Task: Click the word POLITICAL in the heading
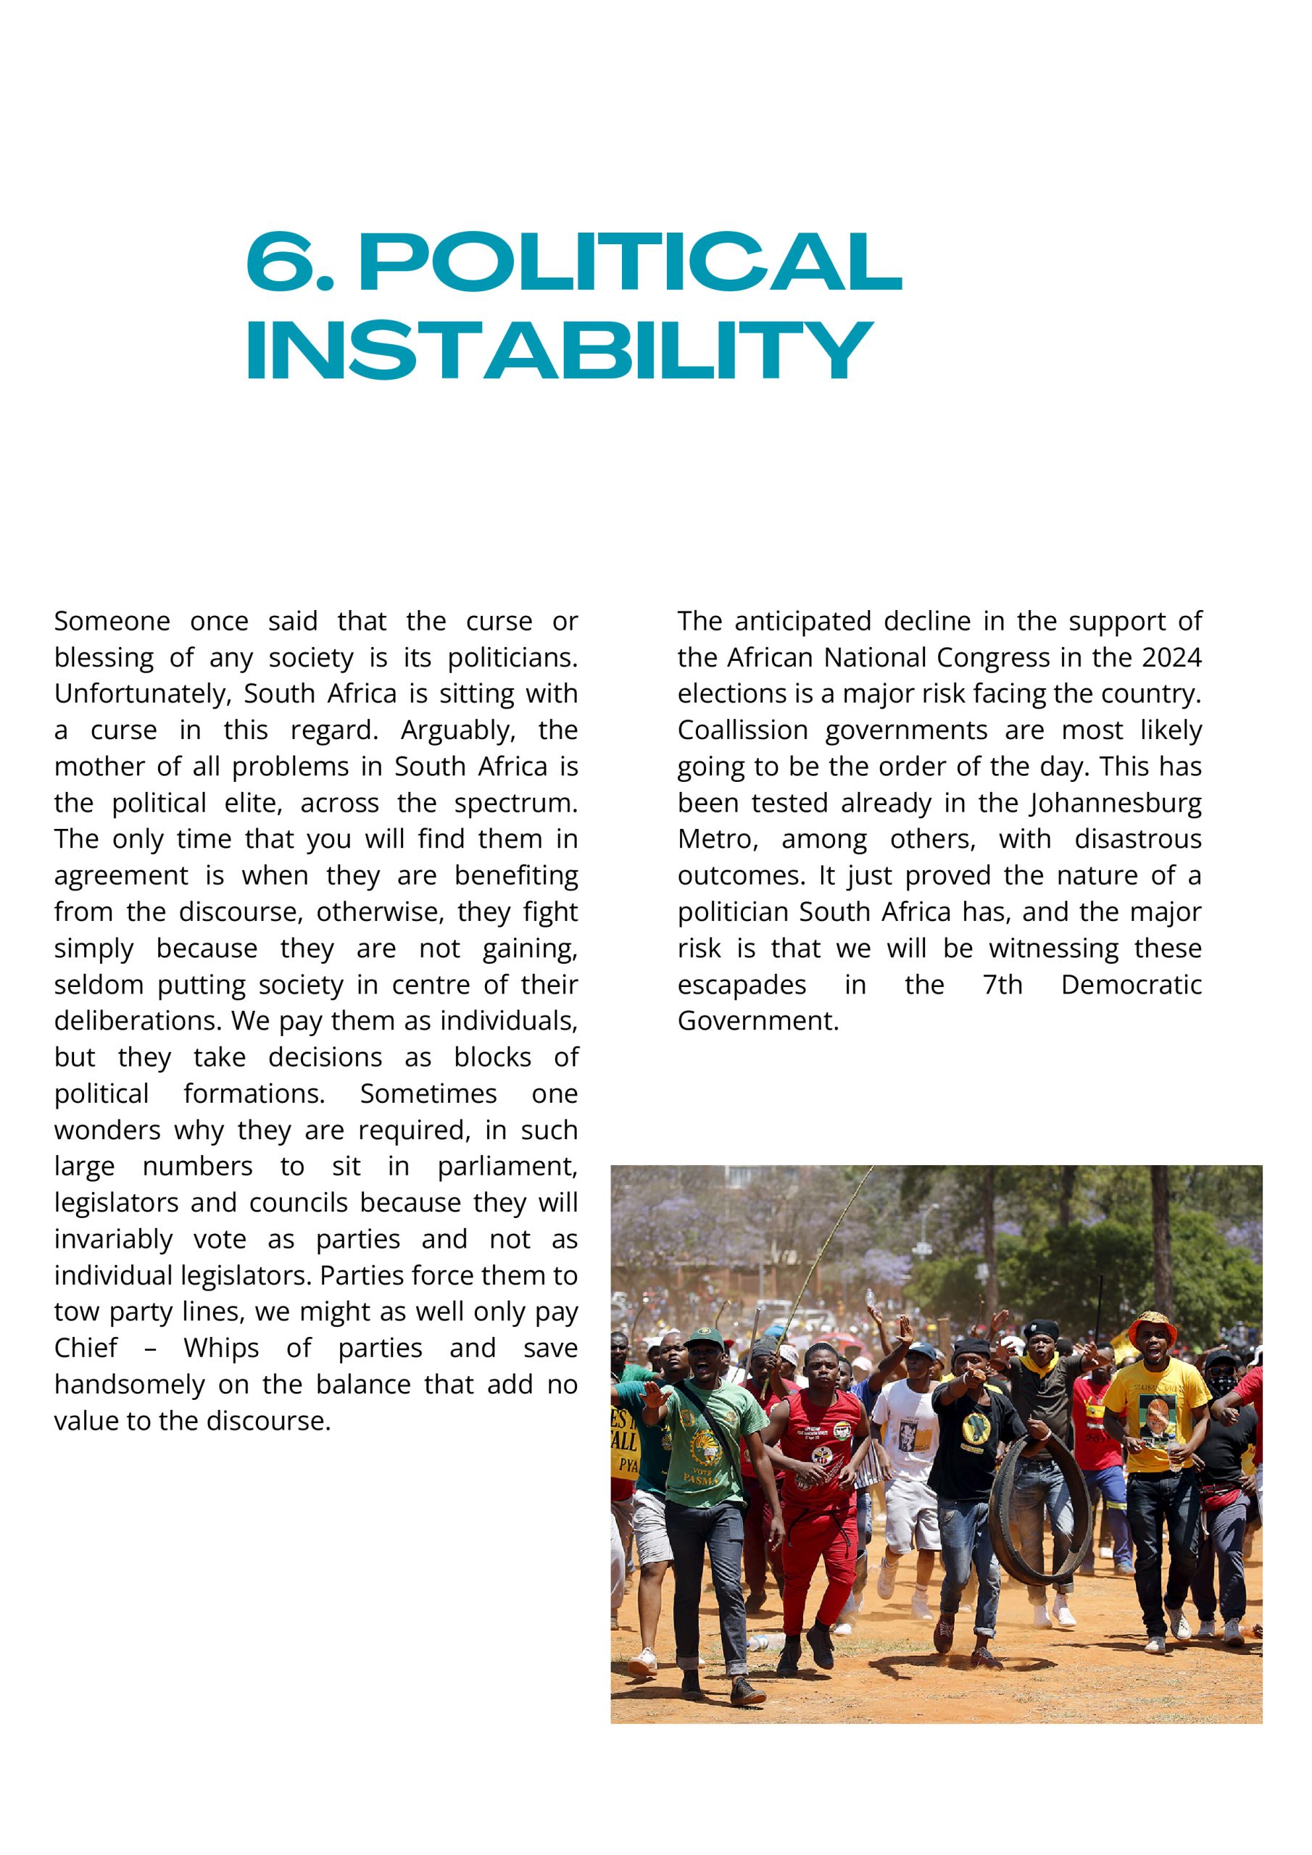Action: click(631, 262)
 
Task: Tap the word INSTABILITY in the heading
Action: click(560, 351)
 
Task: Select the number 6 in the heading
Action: click(280, 262)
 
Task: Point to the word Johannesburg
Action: click(1115, 803)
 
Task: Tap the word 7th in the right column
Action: click(1002, 985)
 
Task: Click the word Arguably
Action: click(457, 730)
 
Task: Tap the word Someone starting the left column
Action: click(112, 621)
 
